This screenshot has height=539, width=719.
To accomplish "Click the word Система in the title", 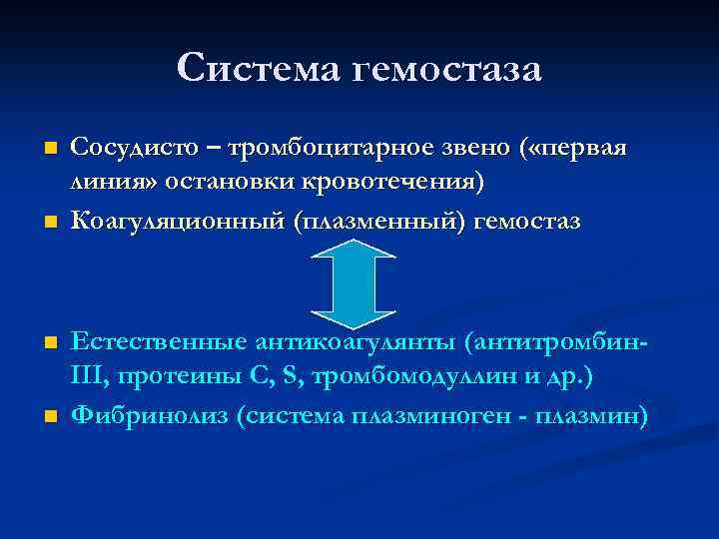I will pos(256,69).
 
